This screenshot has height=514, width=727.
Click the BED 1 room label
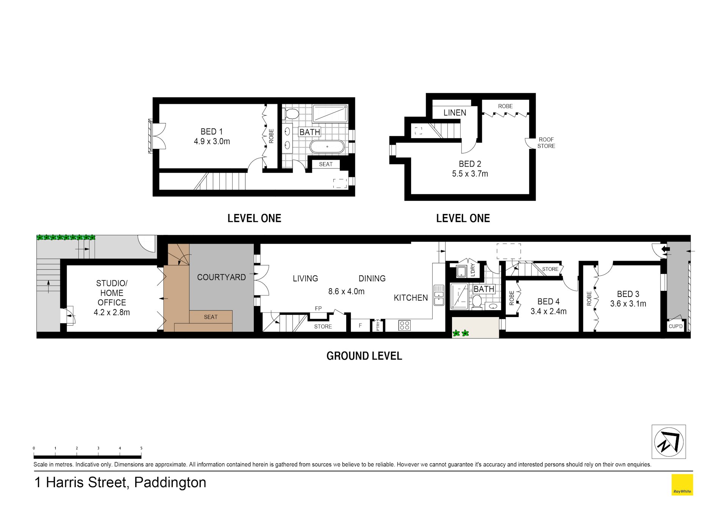(x=211, y=131)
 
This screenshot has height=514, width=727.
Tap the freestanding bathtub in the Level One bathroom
(x=327, y=147)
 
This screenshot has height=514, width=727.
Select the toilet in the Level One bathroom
(x=291, y=113)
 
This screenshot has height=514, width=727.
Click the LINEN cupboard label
(x=455, y=112)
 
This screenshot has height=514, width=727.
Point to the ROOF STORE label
(x=546, y=143)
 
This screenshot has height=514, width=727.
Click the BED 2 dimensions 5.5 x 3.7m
(x=470, y=174)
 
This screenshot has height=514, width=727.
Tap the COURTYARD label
(x=221, y=277)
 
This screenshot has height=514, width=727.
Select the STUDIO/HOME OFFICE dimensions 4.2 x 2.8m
(x=112, y=312)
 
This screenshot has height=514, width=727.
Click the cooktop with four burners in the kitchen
(x=404, y=325)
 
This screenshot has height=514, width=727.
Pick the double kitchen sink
(x=439, y=295)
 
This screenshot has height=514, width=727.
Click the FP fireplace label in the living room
(x=318, y=308)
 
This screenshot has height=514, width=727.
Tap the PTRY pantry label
(x=378, y=326)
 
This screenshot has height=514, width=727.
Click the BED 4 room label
(x=548, y=302)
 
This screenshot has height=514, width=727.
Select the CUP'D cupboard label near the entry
(x=675, y=326)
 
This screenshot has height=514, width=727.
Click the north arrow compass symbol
(x=669, y=442)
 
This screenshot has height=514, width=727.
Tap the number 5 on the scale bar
(x=141, y=448)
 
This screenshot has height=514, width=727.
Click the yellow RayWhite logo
(x=682, y=484)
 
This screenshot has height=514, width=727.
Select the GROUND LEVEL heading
(x=364, y=356)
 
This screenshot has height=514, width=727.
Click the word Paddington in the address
(x=170, y=483)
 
